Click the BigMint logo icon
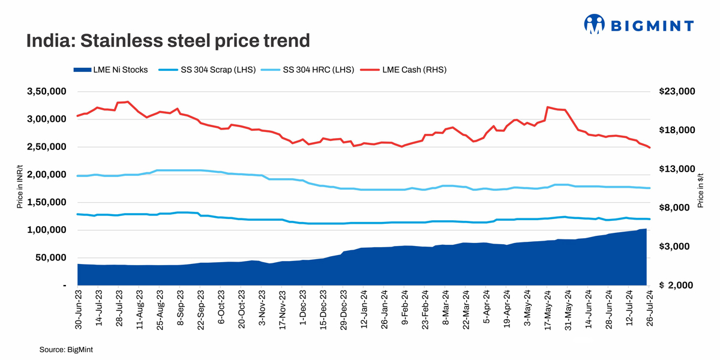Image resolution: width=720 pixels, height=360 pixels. pyautogui.click(x=594, y=25)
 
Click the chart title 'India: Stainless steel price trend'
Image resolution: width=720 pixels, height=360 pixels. pyautogui.click(x=167, y=41)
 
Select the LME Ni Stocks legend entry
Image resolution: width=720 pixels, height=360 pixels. pyautogui.click(x=111, y=70)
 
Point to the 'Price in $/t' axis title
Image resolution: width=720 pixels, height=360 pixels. pyautogui.click(x=700, y=188)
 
